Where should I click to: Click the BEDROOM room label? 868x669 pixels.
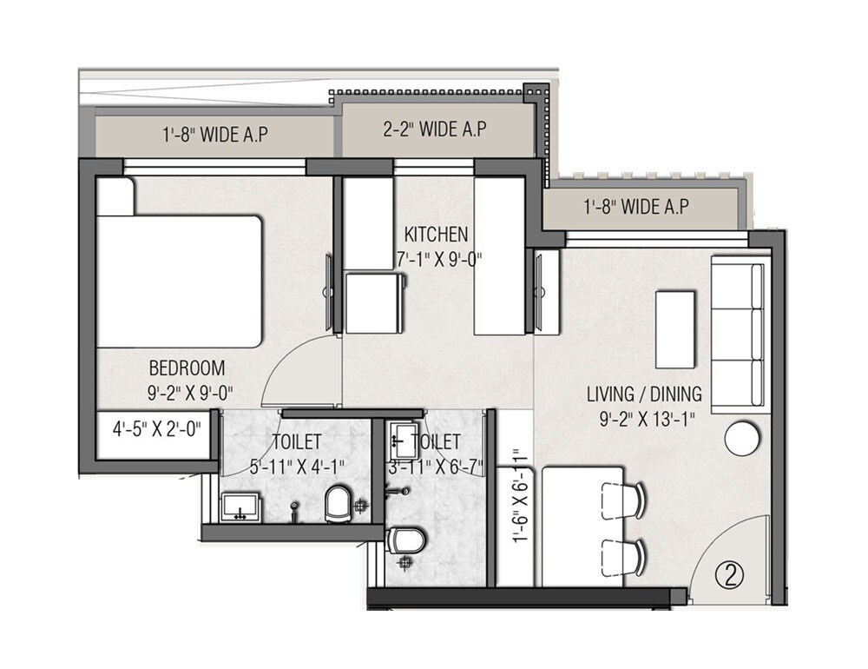tap(187, 368)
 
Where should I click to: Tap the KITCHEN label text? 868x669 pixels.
tap(437, 235)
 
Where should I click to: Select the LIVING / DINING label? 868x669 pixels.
tap(644, 394)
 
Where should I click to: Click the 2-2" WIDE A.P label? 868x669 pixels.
tap(434, 129)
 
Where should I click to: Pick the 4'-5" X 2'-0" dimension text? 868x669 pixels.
tap(156, 428)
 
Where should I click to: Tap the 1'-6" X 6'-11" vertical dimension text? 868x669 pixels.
tap(518, 496)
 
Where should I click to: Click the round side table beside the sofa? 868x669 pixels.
tap(743, 438)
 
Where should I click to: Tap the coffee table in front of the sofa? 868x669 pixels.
tap(674, 329)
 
